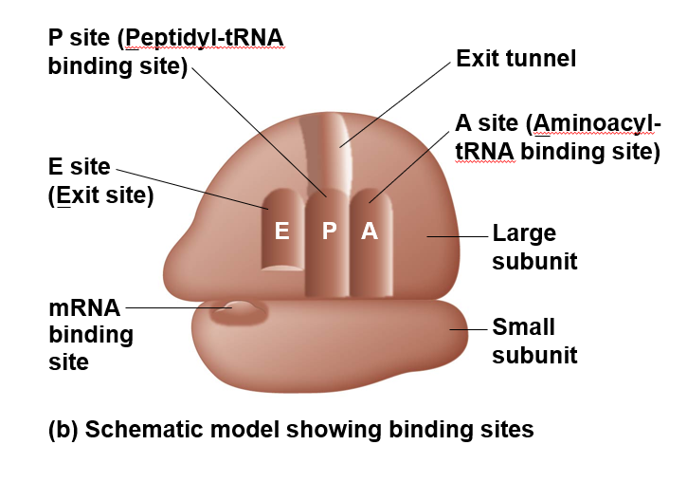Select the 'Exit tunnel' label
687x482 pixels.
click(x=515, y=60)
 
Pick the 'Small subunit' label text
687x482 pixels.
click(x=534, y=341)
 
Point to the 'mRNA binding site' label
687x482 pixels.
click(x=90, y=334)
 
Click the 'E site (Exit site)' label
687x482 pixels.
click(x=99, y=182)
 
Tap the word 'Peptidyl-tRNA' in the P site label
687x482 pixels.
click(x=205, y=38)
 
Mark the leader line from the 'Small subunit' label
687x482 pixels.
click(x=468, y=329)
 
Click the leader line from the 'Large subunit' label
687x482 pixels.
click(x=457, y=234)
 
